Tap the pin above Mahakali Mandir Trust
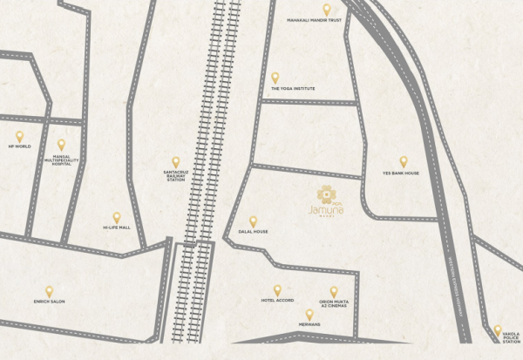tap(327, 9)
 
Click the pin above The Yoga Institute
tap(275, 78)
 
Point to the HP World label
tap(19, 146)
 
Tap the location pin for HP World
tap(19, 136)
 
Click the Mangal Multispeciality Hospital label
tap(61, 160)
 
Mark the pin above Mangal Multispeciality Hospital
tap(61, 145)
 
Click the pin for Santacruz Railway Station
tap(175, 161)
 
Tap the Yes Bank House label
tap(401, 173)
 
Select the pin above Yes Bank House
tap(404, 161)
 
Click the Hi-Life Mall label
tap(116, 228)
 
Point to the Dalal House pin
tap(253, 221)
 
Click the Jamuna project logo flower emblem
tap(325, 194)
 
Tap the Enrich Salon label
tap(49, 302)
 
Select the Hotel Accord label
tap(277, 301)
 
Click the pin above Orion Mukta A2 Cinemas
tap(333, 291)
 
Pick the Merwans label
tap(309, 323)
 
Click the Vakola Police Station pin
tap(498, 329)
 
